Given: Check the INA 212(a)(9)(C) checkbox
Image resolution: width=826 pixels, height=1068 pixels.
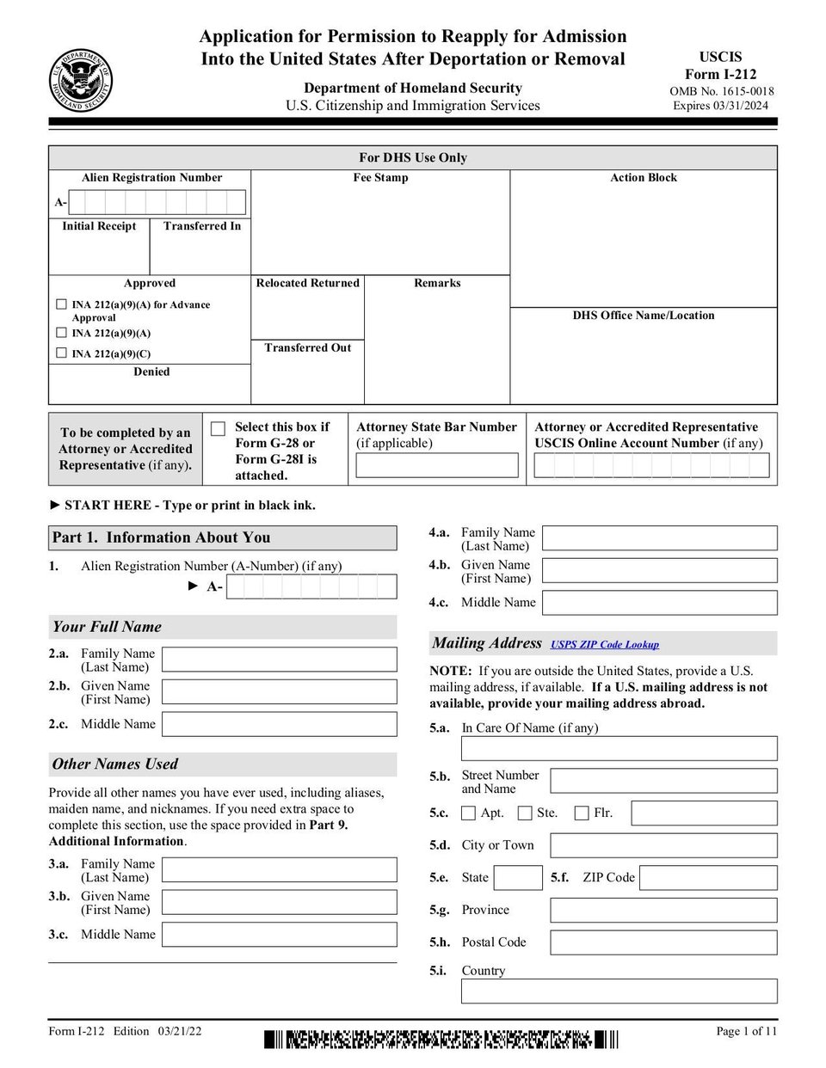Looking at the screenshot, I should coord(61,353).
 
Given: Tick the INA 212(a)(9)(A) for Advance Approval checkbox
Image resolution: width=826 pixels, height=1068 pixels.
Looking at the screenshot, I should coord(61,304).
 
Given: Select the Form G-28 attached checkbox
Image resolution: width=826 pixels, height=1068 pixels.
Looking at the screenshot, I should coord(219,428).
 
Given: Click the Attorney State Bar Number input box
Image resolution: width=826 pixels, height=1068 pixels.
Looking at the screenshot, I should coord(437,465).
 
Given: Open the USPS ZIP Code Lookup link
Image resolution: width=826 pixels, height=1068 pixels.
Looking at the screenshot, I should coord(605,644).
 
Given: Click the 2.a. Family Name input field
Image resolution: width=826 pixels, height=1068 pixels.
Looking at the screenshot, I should coord(280,660).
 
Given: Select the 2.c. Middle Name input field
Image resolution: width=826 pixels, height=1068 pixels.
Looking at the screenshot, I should coord(280,724).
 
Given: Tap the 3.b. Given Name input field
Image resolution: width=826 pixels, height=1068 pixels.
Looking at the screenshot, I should coord(280,902).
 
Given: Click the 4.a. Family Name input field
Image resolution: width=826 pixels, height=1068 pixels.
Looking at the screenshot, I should coord(660,538).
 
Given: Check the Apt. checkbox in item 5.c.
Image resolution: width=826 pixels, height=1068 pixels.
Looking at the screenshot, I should coord(469,813).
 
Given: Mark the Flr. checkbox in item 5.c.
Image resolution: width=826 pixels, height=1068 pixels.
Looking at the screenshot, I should coord(582,813).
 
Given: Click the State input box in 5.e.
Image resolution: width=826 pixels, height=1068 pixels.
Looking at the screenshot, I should coord(519,878).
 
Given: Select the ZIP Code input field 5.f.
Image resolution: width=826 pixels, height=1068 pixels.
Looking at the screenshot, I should coord(708,878).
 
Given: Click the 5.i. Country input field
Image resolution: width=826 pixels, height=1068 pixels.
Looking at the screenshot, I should coord(619,991).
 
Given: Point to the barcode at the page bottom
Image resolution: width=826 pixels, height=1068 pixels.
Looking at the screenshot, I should coord(441,1040).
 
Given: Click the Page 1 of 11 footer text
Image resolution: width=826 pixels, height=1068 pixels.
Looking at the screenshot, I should coord(746,1031).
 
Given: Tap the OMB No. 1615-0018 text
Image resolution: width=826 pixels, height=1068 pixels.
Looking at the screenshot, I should coord(721,91).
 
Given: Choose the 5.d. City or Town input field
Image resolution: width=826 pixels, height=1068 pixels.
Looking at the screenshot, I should coord(663,845).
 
